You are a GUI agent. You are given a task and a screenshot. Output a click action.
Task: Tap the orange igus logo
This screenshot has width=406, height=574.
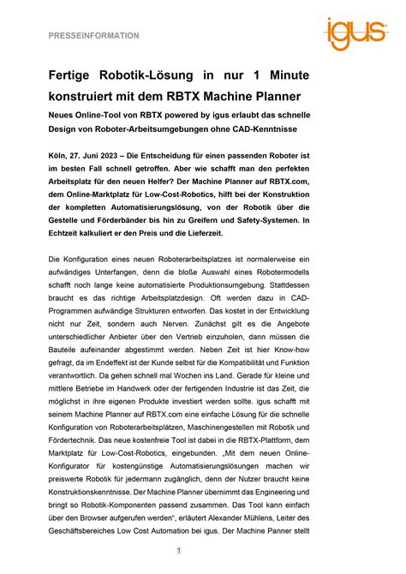[x=355, y=33]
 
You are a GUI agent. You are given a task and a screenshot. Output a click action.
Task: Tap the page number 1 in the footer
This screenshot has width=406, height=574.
[x=179, y=551]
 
